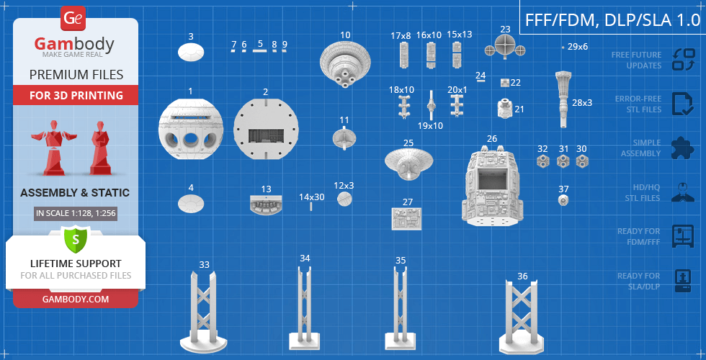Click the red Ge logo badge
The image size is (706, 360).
click(x=73, y=19)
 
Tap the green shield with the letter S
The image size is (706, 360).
click(x=75, y=240)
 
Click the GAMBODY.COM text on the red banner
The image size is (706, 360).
click(x=76, y=299)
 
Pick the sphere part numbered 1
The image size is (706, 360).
click(x=191, y=130)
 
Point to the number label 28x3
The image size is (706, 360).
click(x=582, y=102)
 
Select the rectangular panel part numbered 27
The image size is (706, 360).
click(x=406, y=219)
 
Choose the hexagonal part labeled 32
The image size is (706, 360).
click(x=543, y=161)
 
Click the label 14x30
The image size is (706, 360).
click(x=312, y=197)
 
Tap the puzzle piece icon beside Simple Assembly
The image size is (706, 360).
click(x=682, y=148)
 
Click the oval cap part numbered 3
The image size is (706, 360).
click(x=191, y=52)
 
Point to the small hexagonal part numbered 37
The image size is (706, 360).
click(x=563, y=200)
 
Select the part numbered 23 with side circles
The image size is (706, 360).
click(x=505, y=48)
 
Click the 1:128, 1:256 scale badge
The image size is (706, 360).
click(x=76, y=213)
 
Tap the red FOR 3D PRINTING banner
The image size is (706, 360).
click(x=76, y=95)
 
